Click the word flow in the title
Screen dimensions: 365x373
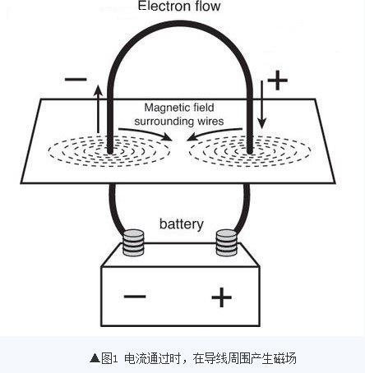point(208,6)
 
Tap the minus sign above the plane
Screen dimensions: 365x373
point(76,80)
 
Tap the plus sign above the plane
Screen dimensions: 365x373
point(277,81)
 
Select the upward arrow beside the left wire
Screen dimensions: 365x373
point(98,109)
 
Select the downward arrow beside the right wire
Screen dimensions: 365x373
point(262,104)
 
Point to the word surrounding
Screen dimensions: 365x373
point(161,122)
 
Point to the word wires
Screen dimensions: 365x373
point(208,121)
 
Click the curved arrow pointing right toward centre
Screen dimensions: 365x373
point(146,133)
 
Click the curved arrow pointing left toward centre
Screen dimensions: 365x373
point(215,133)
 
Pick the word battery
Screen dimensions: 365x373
point(182,224)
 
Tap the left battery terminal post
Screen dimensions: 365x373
point(133,242)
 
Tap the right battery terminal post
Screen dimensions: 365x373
point(226,242)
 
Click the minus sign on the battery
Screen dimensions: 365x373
point(135,297)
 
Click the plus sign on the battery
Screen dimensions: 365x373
point(222,297)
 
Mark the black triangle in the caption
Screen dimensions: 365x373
point(95,358)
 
